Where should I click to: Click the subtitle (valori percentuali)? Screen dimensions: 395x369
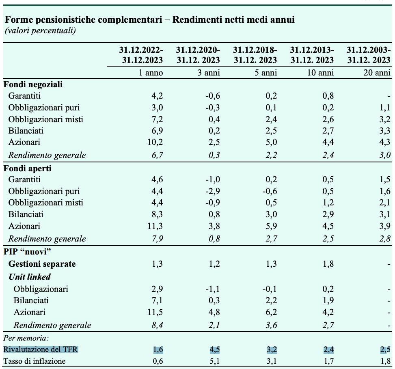40,31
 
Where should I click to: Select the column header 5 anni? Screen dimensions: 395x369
265,73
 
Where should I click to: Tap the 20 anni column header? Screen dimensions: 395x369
377,73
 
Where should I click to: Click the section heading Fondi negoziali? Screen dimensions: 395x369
33,84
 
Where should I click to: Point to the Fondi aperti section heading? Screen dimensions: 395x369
28,168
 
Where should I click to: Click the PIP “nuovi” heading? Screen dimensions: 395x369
27,251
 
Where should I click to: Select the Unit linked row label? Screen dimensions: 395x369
30,277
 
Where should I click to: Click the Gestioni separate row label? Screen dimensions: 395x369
42,264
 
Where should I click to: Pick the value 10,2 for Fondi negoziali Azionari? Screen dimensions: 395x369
155,142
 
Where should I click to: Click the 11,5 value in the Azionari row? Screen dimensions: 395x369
155,312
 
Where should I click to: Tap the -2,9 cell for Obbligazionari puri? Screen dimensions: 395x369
213,191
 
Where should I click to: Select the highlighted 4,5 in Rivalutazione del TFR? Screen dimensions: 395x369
215,350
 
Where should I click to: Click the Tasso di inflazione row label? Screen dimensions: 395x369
35,361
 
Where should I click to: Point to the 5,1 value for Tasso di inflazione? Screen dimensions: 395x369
215,361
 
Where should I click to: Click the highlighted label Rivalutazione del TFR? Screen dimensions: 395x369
41,350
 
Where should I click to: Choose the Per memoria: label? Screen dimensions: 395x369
26,338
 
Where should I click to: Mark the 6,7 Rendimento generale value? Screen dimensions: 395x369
158,155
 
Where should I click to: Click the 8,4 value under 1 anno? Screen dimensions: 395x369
158,325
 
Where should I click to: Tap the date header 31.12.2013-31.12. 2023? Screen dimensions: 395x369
312,55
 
